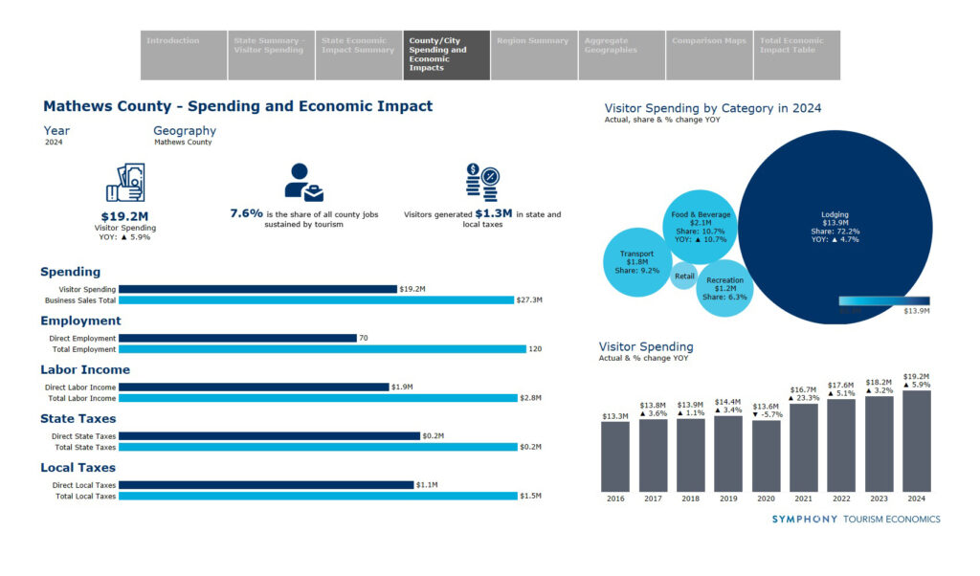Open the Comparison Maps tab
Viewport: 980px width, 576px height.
(709, 55)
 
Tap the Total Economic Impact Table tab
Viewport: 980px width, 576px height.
(797, 55)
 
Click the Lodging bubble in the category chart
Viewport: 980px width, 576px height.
(835, 226)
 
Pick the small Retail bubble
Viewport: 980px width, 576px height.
(684, 277)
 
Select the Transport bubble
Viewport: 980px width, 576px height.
(636, 261)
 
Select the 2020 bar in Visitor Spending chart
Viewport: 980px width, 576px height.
(766, 455)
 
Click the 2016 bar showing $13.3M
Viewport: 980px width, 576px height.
(615, 455)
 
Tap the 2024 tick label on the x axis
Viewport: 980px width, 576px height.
(916, 498)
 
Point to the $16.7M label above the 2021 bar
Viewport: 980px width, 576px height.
(804, 389)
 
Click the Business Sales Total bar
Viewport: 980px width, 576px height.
(316, 299)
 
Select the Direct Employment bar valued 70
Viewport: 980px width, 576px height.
(237, 338)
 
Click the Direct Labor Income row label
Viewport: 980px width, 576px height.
(82, 388)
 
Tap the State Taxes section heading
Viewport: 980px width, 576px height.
(78, 418)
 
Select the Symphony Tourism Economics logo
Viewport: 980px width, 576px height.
(856, 520)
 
